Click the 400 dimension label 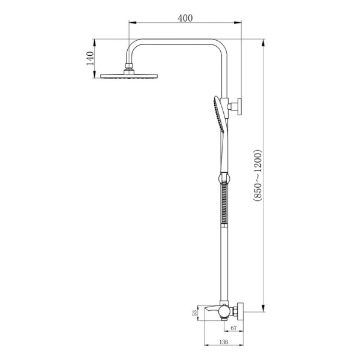tap(185, 18)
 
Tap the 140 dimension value tap(90, 58)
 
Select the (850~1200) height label tap(257, 176)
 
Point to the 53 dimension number tap(194, 313)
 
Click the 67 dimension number tap(233, 328)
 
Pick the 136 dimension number tap(224, 342)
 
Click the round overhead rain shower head tap(129, 76)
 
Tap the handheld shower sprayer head tap(219, 114)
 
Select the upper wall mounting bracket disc tap(239, 106)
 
